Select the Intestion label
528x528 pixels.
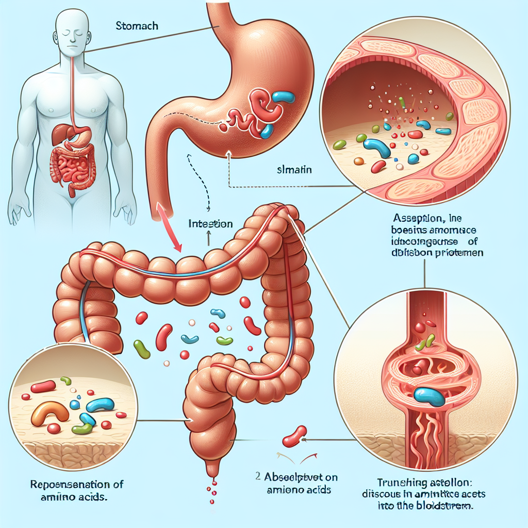click(x=210, y=224)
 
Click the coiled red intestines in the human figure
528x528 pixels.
click(x=73, y=167)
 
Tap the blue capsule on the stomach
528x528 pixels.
click(x=283, y=97)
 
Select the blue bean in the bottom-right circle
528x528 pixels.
click(x=429, y=396)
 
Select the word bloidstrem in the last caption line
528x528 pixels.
click(x=449, y=506)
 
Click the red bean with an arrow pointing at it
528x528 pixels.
click(x=294, y=437)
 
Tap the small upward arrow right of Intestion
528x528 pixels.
click(x=208, y=237)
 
